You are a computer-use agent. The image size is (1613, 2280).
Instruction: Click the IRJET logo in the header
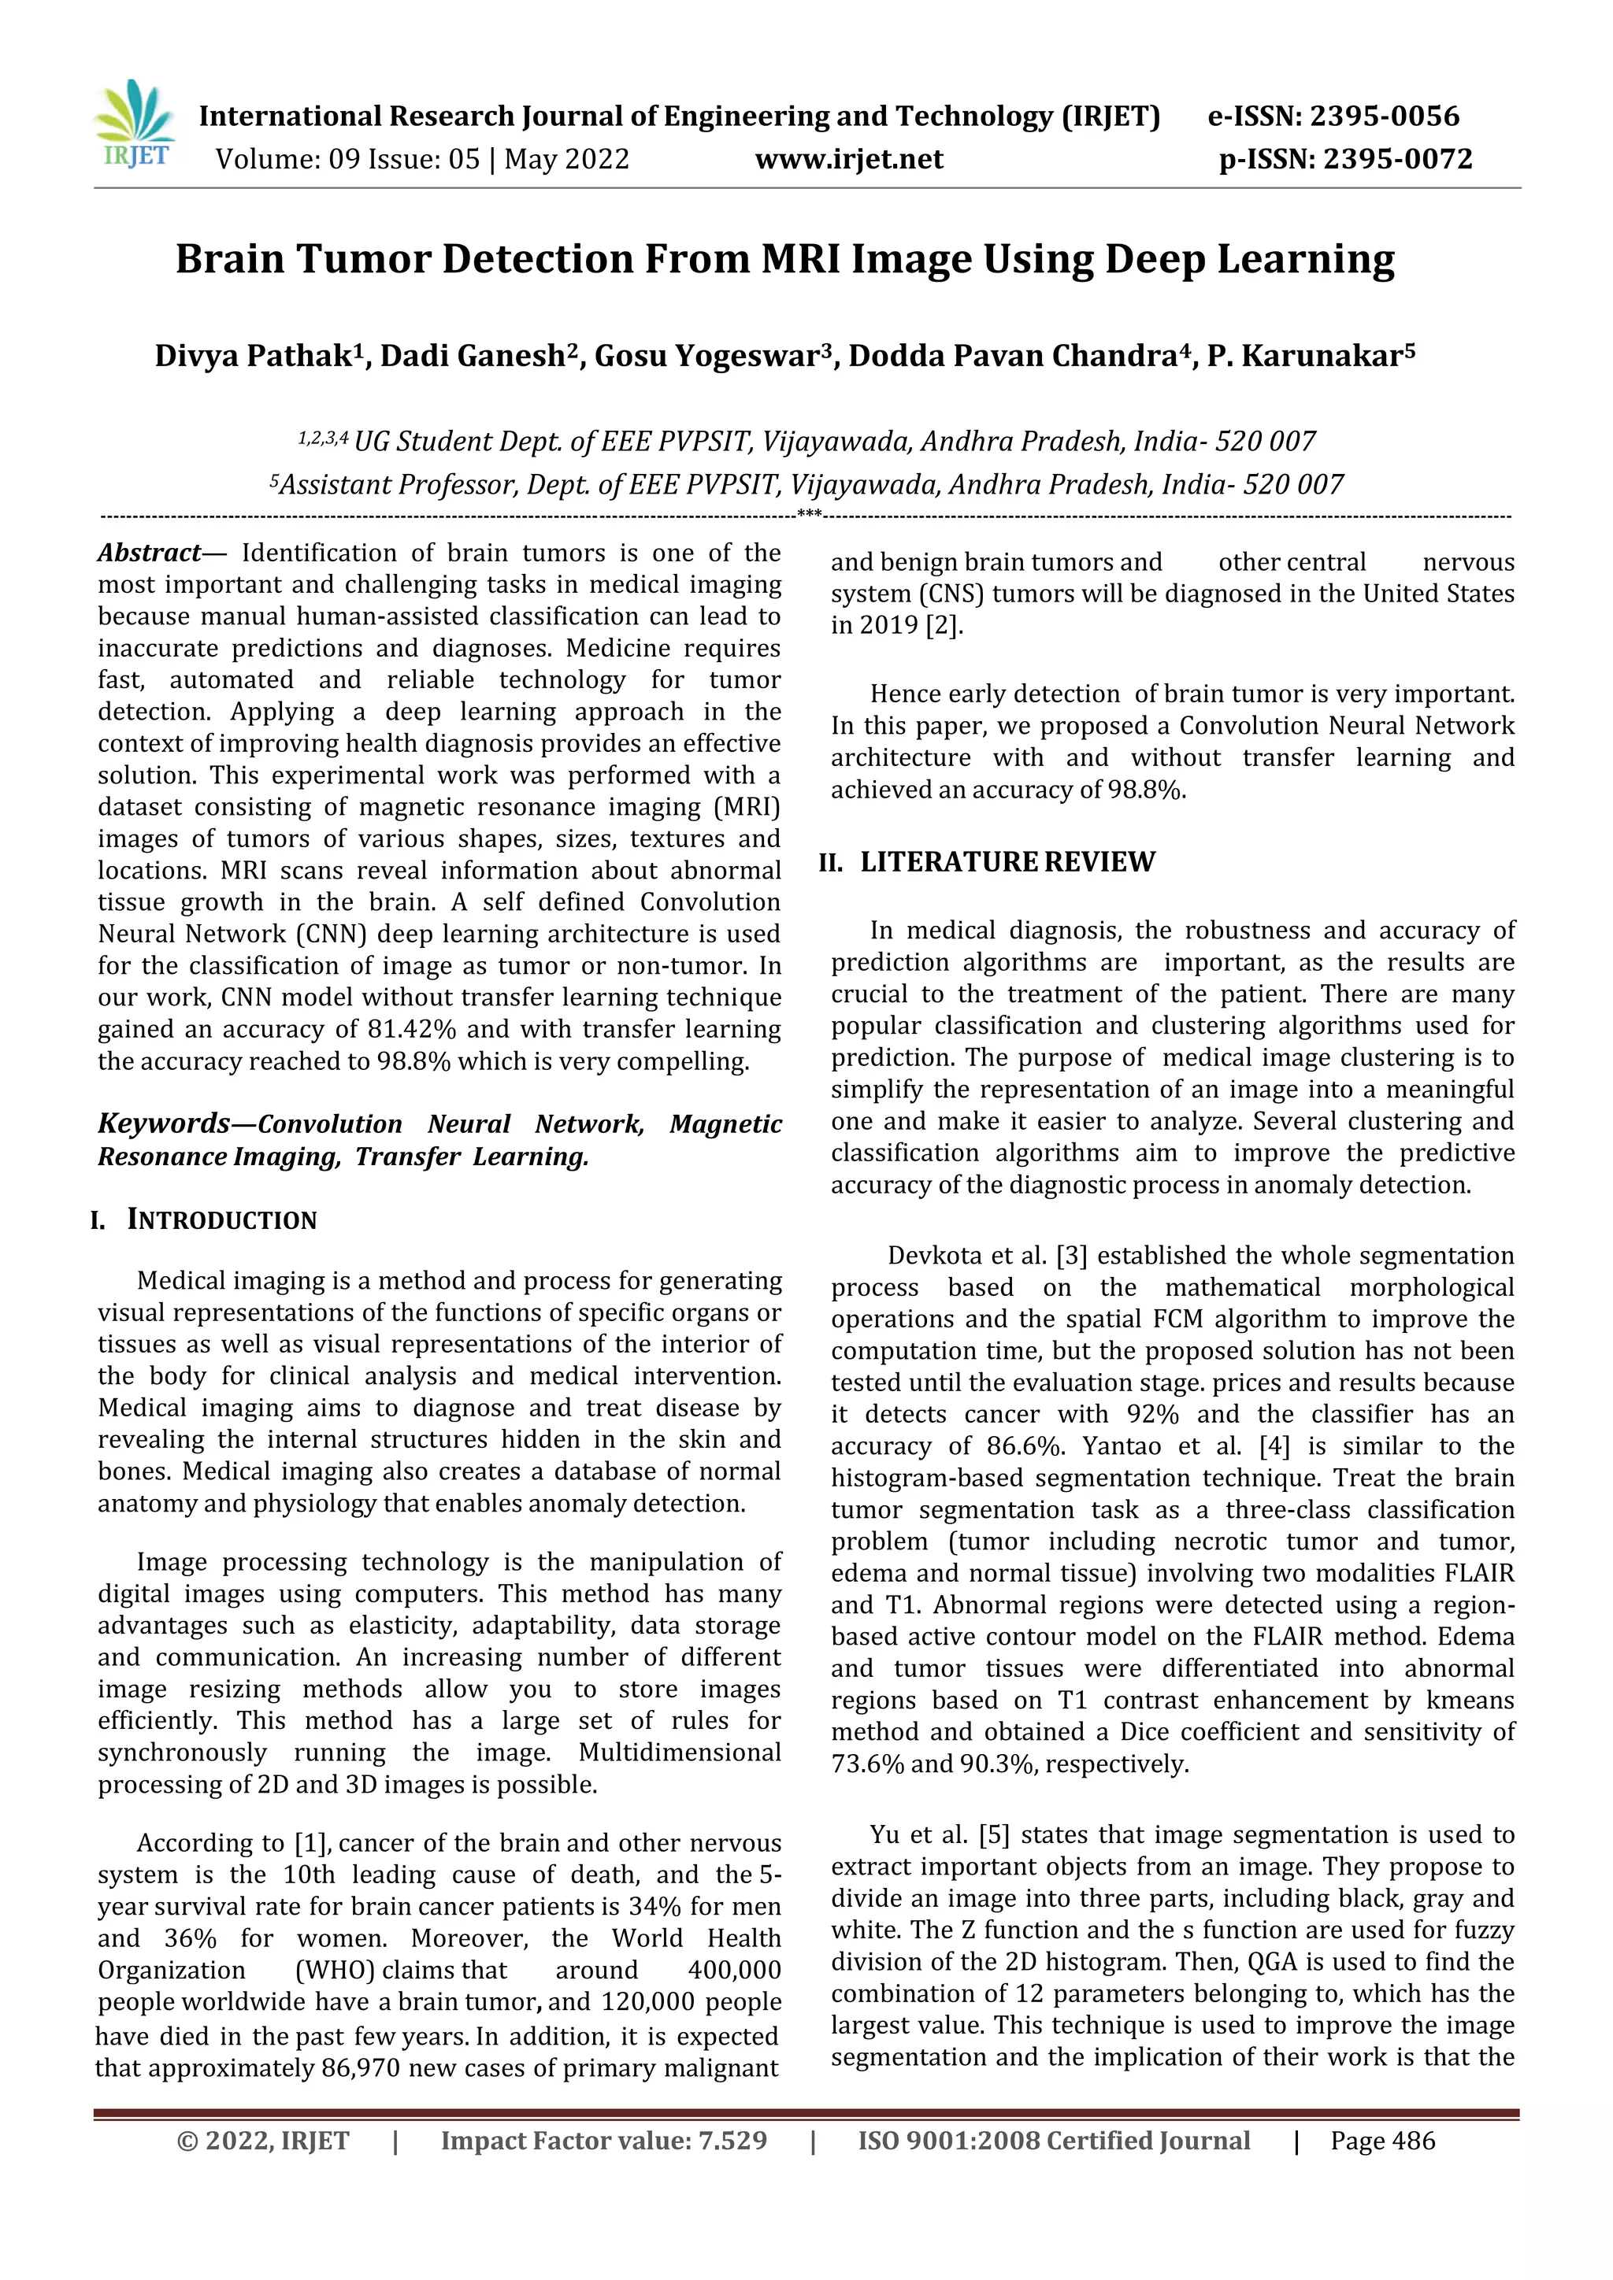(x=134, y=125)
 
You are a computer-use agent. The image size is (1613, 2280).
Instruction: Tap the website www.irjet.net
(x=848, y=159)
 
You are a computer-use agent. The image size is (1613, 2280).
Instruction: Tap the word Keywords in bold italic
(x=163, y=1123)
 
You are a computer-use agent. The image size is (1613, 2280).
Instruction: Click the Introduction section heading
(x=221, y=1220)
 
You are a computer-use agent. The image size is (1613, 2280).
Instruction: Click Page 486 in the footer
(x=1382, y=2140)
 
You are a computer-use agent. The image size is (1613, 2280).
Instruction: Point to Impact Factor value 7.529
(x=604, y=2140)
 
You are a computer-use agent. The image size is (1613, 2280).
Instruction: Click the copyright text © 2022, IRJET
(x=262, y=2140)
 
